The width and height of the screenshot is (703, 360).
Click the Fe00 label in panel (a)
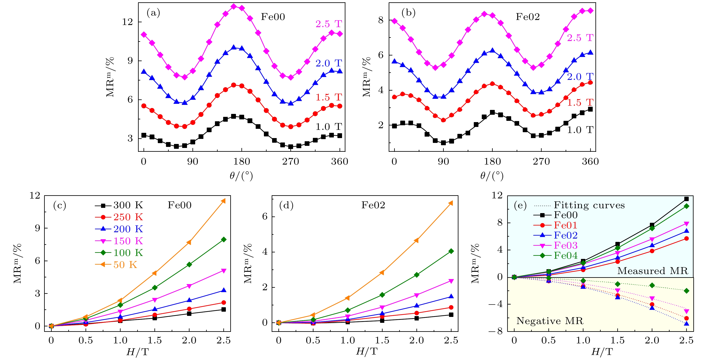click(273, 17)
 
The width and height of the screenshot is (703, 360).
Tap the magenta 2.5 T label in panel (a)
click(329, 24)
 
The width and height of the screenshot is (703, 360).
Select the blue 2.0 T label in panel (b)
click(580, 77)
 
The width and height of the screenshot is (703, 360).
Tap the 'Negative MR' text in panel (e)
click(550, 321)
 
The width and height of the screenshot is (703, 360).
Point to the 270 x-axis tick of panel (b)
click(541, 162)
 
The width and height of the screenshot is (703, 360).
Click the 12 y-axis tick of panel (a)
click(128, 22)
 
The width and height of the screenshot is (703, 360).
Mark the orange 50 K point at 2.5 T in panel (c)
click(223, 201)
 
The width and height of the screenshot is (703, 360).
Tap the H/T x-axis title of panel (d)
click(367, 352)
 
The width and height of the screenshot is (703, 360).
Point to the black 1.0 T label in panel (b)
click(580, 130)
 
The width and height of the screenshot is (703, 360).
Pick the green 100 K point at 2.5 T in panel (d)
click(451, 251)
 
